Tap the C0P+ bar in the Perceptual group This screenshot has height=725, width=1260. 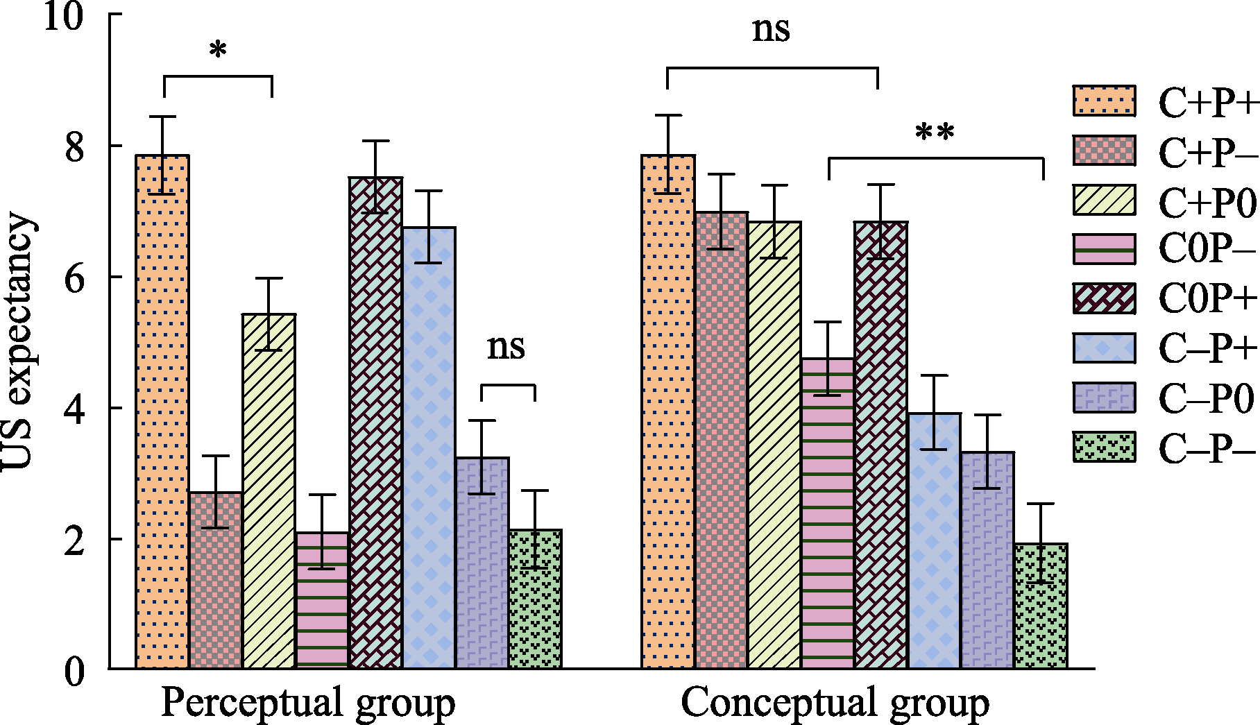(x=376, y=423)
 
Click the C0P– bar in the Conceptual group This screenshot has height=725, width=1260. (x=828, y=513)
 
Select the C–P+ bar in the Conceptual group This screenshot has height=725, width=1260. (x=935, y=541)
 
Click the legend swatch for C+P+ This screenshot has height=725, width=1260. (x=1105, y=101)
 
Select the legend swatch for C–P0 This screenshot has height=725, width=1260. (x=1105, y=398)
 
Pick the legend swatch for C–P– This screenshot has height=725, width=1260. (x=1105, y=447)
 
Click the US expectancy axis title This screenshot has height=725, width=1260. (x=17, y=342)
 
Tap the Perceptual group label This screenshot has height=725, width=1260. (x=308, y=703)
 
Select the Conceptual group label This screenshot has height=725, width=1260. (x=835, y=703)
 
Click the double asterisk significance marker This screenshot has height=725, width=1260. (x=935, y=133)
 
